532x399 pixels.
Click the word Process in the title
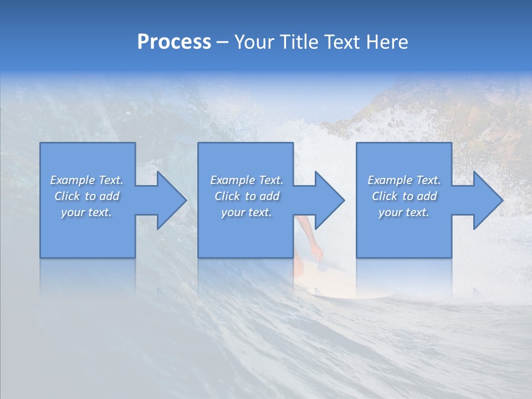coord(174,42)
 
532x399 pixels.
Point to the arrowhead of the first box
coord(171,200)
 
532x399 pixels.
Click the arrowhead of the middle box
coord(329,200)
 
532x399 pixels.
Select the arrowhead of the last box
coord(488,200)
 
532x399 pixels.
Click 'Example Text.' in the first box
coord(86,180)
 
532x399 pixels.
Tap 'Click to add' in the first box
coord(86,196)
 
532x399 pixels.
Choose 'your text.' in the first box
coord(86,212)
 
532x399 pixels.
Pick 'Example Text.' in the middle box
coord(247,180)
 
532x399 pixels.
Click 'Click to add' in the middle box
coord(247,196)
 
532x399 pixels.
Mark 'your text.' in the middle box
coord(247,212)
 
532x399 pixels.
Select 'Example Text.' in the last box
coord(404,180)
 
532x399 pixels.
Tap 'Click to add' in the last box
coord(404,196)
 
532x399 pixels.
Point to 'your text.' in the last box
coord(404,212)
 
